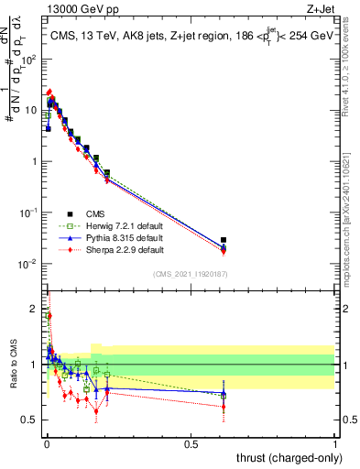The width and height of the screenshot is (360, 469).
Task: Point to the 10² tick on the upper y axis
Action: tap(28, 59)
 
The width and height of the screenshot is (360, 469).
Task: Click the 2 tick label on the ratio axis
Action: tap(33, 309)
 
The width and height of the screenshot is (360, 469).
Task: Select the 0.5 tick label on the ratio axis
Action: tap(29, 420)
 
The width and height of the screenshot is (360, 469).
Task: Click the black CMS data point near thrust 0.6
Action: tap(224, 240)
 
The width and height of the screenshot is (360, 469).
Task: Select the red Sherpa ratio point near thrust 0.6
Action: tap(224, 407)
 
